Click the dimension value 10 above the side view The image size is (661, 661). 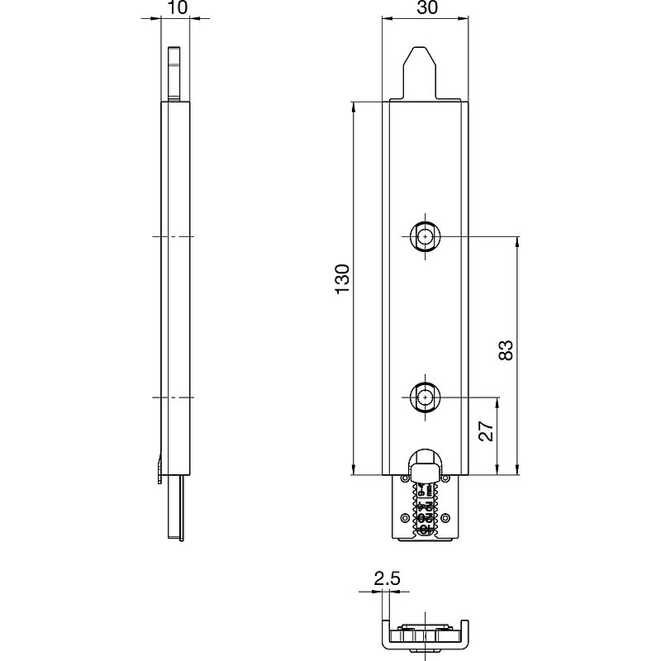pyautogui.click(x=177, y=7)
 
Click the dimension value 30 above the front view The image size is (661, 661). pyautogui.click(x=427, y=7)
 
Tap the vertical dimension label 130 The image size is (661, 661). pyautogui.click(x=342, y=279)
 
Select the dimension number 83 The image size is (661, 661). pyautogui.click(x=506, y=350)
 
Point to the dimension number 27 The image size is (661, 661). pyautogui.click(x=487, y=430)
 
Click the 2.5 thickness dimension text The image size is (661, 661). pyautogui.click(x=387, y=578)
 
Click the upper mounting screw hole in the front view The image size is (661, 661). pyautogui.click(x=425, y=237)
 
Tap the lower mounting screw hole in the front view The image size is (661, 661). pyautogui.click(x=425, y=397)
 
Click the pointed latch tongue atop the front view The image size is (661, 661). pyautogui.click(x=419, y=73)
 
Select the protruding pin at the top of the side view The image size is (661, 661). pyautogui.click(x=174, y=74)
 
